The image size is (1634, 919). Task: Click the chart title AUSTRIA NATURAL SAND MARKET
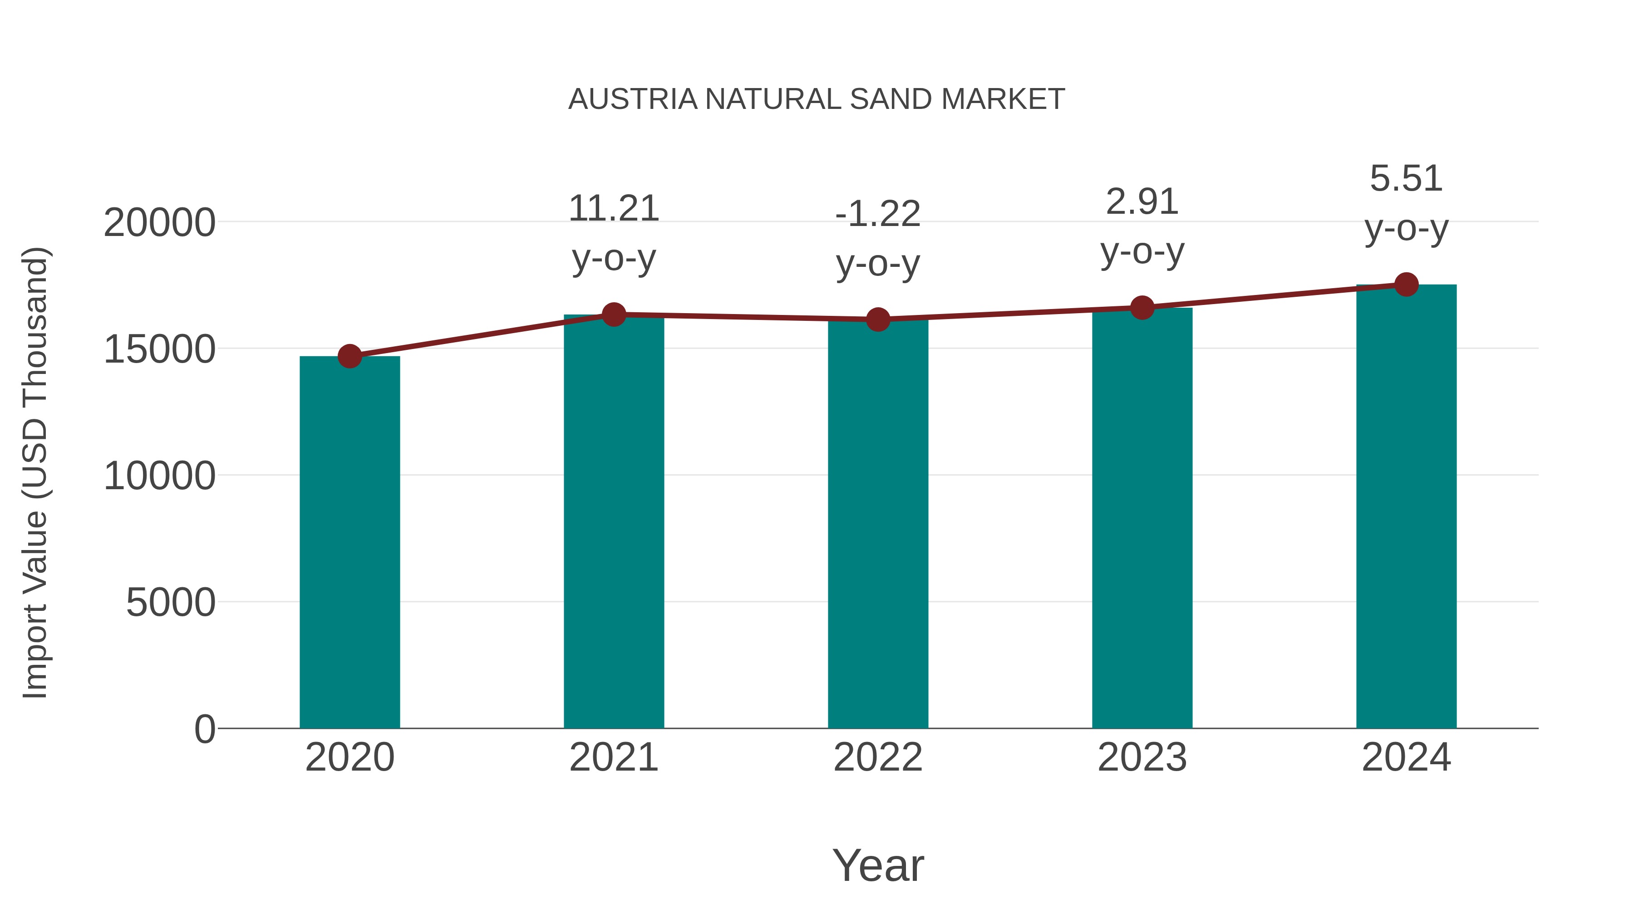817,99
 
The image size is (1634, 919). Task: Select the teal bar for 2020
349,542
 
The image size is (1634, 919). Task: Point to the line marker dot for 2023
1142,308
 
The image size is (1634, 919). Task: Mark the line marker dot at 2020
349,356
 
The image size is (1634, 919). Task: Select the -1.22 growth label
878,214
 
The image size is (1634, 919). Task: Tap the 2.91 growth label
1142,202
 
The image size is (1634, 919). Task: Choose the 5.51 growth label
1406,179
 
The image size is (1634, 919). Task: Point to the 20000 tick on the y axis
159,223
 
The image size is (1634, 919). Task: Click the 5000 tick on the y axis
171,603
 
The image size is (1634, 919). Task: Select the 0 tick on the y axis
205,729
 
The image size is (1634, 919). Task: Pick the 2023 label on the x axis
1142,757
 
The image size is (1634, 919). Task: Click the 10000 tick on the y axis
159,477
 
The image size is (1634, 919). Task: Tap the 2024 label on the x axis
1406,757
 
